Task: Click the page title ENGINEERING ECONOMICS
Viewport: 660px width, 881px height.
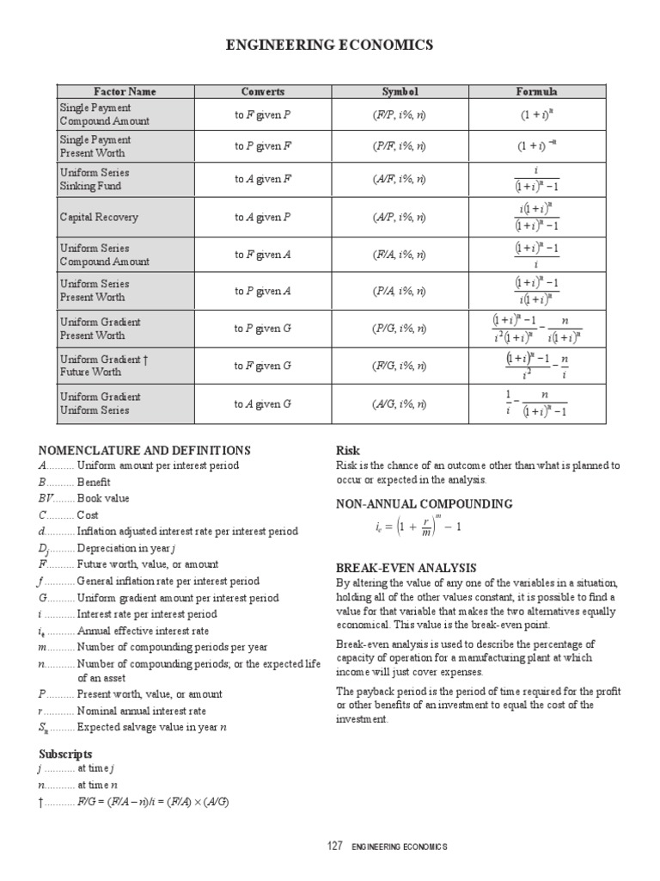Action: [330, 45]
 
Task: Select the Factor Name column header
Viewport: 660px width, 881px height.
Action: [125, 92]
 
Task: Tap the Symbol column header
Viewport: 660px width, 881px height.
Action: [400, 92]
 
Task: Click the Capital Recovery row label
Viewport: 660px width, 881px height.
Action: [99, 218]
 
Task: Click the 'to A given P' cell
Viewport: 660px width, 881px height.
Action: [263, 218]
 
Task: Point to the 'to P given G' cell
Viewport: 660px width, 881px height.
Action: [263, 329]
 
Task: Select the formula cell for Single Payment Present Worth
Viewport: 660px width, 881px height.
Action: [536, 146]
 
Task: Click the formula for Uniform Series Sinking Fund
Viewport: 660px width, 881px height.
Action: [536, 179]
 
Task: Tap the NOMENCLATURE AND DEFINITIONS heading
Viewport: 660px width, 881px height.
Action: [144, 450]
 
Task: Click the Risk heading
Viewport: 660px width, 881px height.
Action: [347, 450]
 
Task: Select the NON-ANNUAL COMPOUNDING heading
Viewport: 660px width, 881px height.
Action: [424, 503]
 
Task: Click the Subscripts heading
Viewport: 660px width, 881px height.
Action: [65, 754]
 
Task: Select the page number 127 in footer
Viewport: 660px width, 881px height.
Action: [335, 847]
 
